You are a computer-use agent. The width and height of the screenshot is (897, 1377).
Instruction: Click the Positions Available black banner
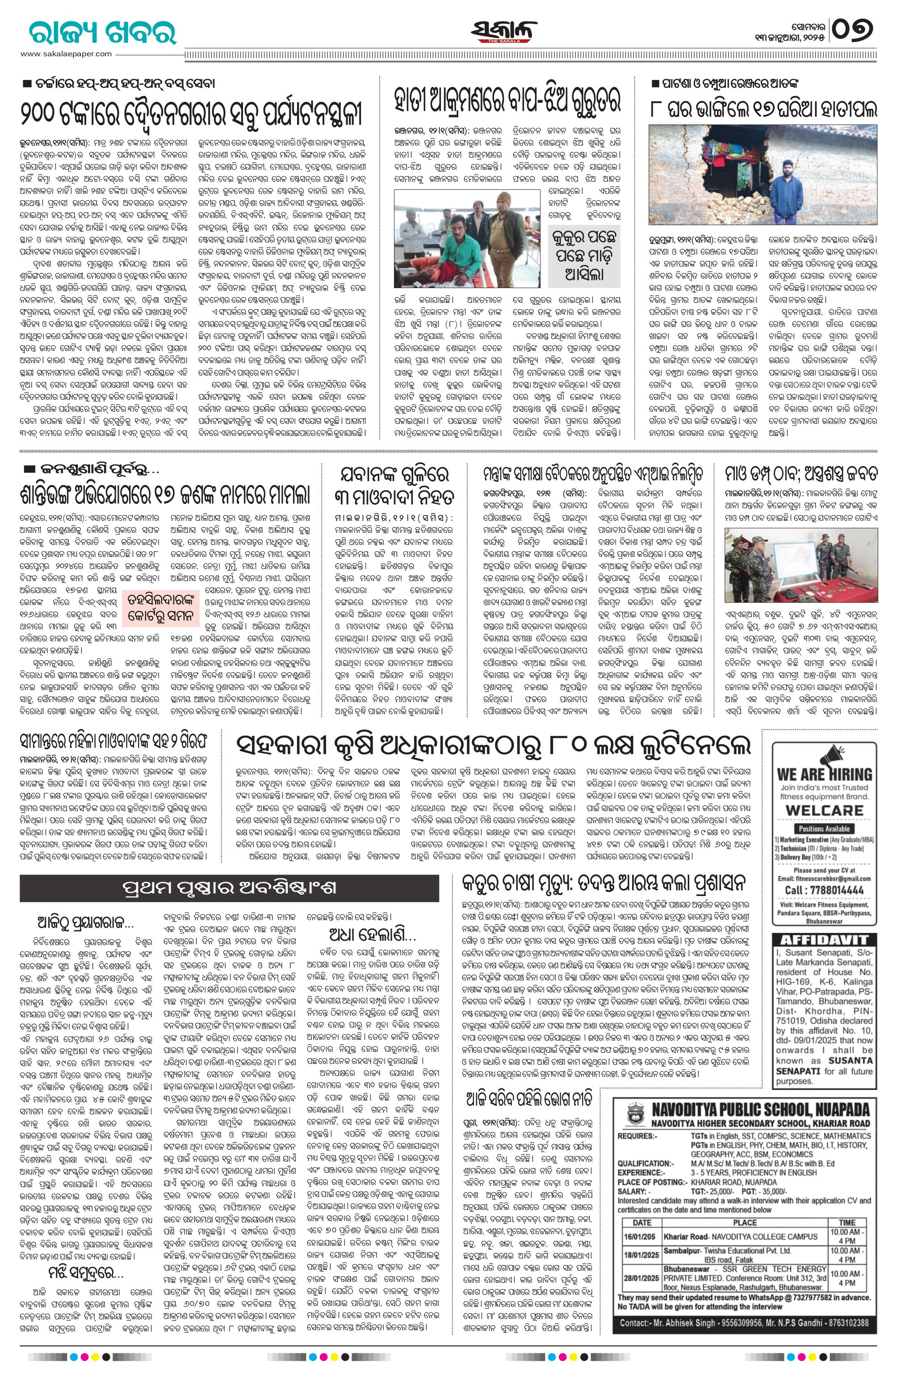point(824,829)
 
